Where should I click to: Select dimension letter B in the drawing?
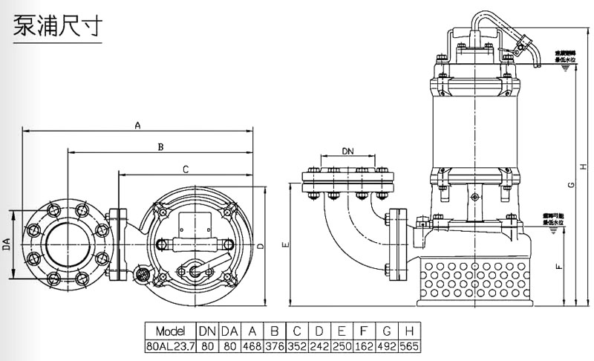pyautogui.click(x=159, y=147)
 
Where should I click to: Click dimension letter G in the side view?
pyautogui.click(x=570, y=185)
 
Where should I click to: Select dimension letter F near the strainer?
pyautogui.click(x=558, y=264)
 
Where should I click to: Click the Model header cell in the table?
pyautogui.click(x=170, y=331)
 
